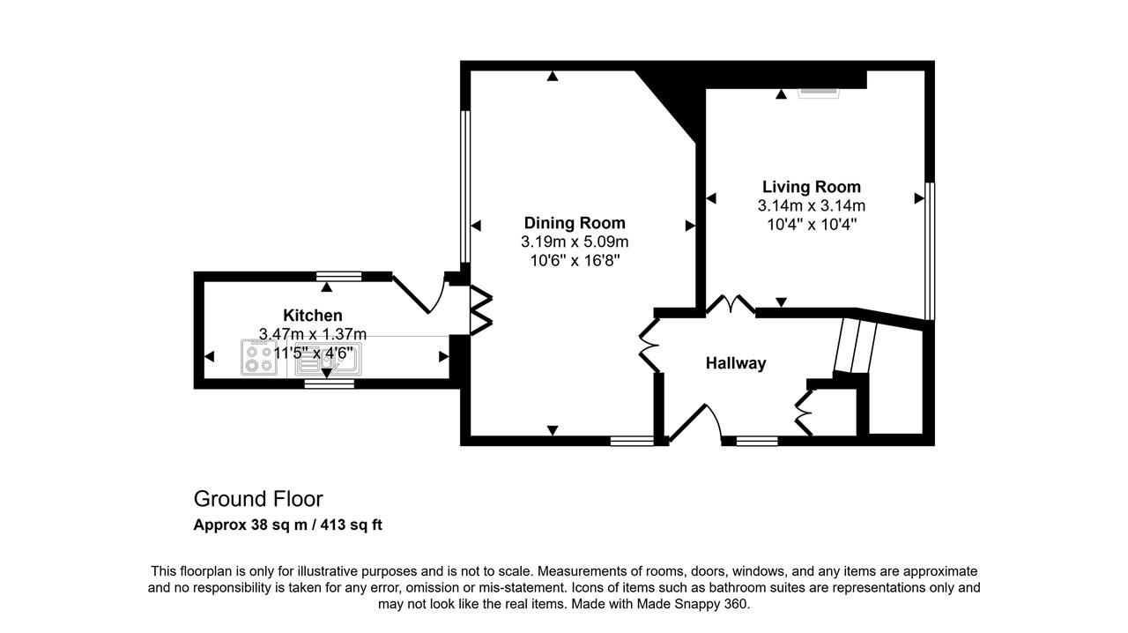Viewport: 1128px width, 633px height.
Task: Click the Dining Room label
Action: coord(575,223)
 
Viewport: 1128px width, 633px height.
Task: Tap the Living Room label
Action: coord(812,187)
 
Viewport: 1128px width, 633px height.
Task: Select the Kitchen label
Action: coord(313,316)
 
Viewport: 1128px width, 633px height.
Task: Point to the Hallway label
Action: coord(736,363)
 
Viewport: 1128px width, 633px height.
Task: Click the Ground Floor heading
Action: coord(258,499)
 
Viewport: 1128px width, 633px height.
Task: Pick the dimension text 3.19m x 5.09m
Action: coord(575,242)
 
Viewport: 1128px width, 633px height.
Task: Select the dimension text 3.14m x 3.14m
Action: coord(812,205)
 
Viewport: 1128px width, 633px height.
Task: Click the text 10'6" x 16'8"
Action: coord(575,261)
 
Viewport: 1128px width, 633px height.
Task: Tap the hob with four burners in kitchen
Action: coord(259,357)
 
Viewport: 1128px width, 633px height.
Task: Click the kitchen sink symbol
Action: coord(329,359)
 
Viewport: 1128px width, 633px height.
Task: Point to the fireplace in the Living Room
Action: coord(819,93)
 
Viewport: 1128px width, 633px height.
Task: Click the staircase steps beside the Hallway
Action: coord(855,346)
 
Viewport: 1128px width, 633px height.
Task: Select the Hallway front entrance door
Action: coord(695,422)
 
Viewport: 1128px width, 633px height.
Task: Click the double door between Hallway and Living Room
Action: coord(731,304)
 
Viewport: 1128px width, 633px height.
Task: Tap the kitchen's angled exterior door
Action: coord(419,294)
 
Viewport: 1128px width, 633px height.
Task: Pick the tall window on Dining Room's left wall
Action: coord(465,187)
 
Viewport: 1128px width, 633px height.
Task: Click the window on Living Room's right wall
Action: coord(930,251)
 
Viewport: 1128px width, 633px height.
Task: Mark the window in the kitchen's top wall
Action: coord(339,276)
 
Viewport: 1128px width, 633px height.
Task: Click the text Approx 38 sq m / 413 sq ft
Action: coord(288,525)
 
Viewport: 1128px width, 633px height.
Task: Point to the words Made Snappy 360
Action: coord(693,604)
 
